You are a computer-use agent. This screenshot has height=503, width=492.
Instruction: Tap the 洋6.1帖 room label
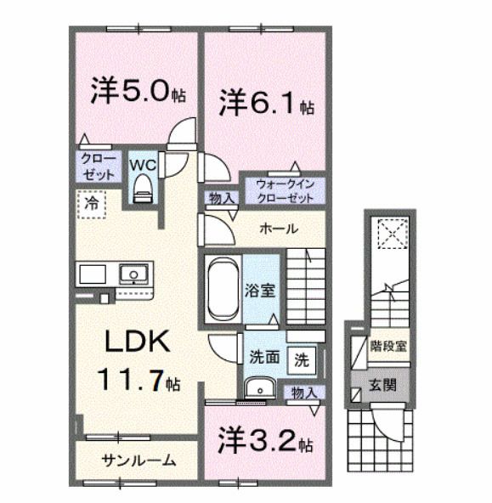pyautogui.click(x=265, y=106)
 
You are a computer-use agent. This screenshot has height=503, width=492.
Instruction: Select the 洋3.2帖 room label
pyautogui.click(x=265, y=443)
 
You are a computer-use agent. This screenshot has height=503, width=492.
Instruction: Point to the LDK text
pyautogui.click(x=140, y=341)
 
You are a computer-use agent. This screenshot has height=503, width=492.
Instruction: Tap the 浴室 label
pyautogui.click(x=261, y=290)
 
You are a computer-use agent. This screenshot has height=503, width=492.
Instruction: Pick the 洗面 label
pyautogui.click(x=264, y=358)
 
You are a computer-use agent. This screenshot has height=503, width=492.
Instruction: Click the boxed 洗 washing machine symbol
pyautogui.click(x=301, y=359)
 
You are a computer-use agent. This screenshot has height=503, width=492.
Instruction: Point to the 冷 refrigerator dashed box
pyautogui.click(x=89, y=203)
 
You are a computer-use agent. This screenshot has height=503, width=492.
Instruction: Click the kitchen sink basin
pyautogui.click(x=132, y=274)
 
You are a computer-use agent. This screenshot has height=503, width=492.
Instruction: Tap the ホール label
pyautogui.click(x=278, y=229)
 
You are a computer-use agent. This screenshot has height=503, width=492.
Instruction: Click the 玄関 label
pyautogui.click(x=382, y=383)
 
